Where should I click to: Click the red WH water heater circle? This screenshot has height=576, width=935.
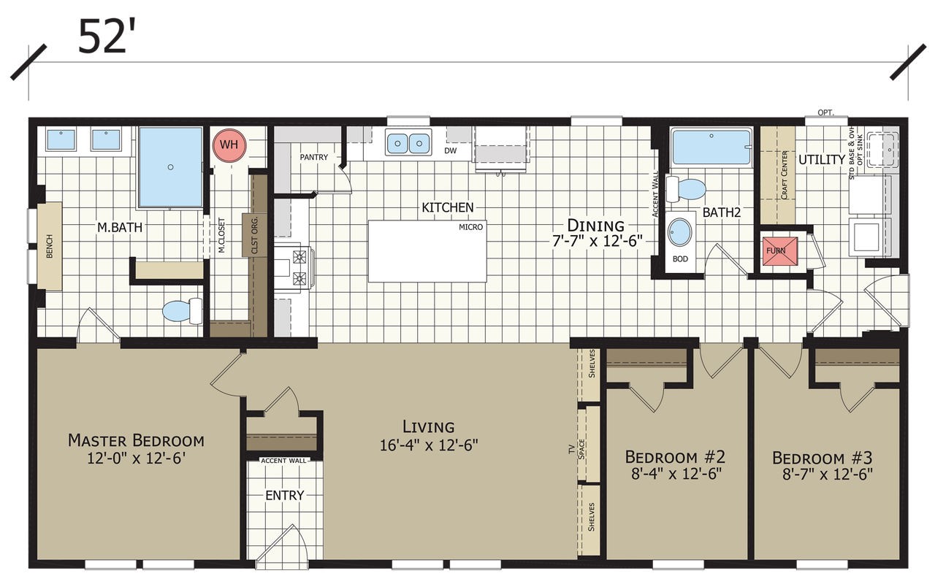pyautogui.click(x=229, y=145)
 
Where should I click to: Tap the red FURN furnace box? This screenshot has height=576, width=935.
pyautogui.click(x=776, y=250)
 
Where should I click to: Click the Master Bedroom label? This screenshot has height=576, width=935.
pyautogui.click(x=136, y=440)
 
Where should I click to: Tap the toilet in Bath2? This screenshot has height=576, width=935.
pyautogui.click(x=687, y=189)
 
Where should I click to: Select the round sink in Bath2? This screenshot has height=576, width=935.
pyautogui.click(x=680, y=233)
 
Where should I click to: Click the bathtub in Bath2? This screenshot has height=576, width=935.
pyautogui.click(x=711, y=147)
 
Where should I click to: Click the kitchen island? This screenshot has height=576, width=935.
pyautogui.click(x=427, y=250)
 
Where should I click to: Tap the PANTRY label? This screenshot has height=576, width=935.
pyautogui.click(x=314, y=157)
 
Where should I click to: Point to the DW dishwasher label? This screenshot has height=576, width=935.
pyautogui.click(x=450, y=151)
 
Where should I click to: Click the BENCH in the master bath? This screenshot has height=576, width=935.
pyautogui.click(x=50, y=246)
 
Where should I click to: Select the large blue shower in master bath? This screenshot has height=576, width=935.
pyautogui.click(x=170, y=167)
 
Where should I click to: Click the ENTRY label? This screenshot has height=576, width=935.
pyautogui.click(x=284, y=496)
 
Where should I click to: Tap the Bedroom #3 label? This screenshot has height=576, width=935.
pyautogui.click(x=822, y=458)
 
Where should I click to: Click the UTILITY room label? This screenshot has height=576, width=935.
pyautogui.click(x=821, y=159)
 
